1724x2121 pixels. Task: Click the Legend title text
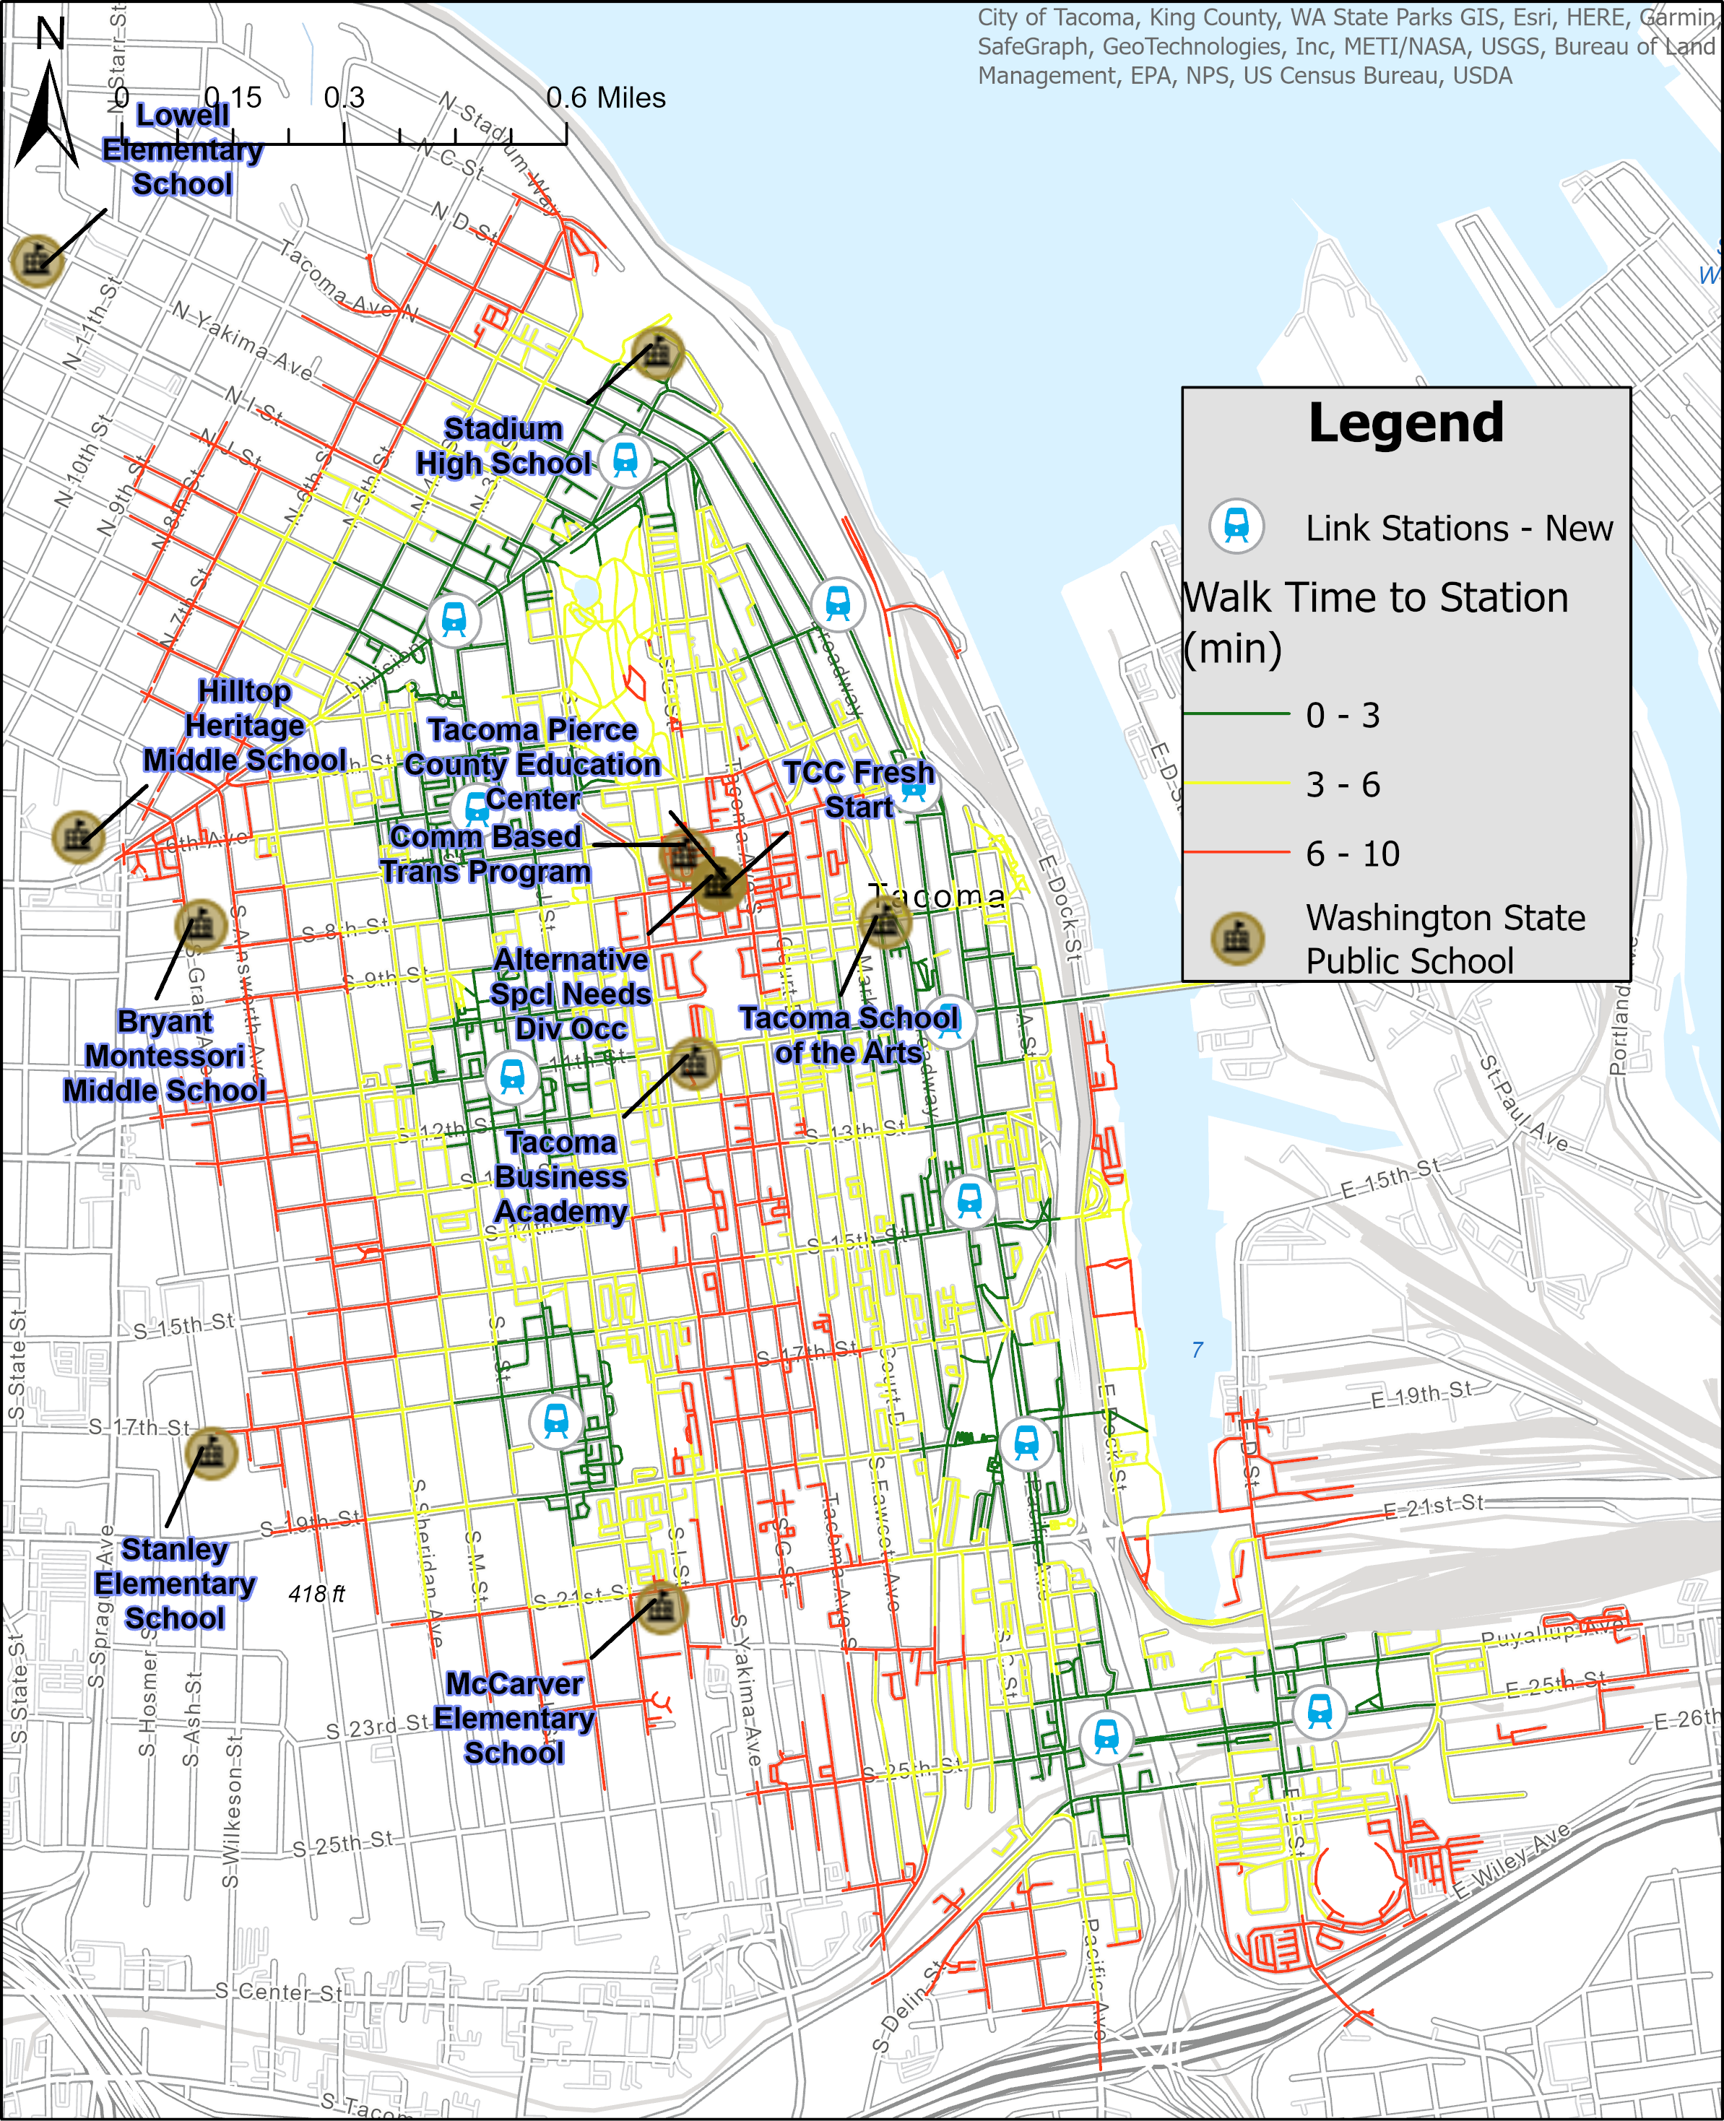coord(1405,423)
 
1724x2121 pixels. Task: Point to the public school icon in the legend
coord(1236,937)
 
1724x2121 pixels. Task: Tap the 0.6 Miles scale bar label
coord(606,97)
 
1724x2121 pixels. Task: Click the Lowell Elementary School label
coord(183,150)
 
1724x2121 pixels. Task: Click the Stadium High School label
coord(503,446)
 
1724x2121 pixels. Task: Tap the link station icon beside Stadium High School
coord(624,460)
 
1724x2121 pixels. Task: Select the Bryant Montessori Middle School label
coord(165,1056)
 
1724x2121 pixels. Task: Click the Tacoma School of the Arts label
coord(849,1035)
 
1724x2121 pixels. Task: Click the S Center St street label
coord(279,1991)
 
